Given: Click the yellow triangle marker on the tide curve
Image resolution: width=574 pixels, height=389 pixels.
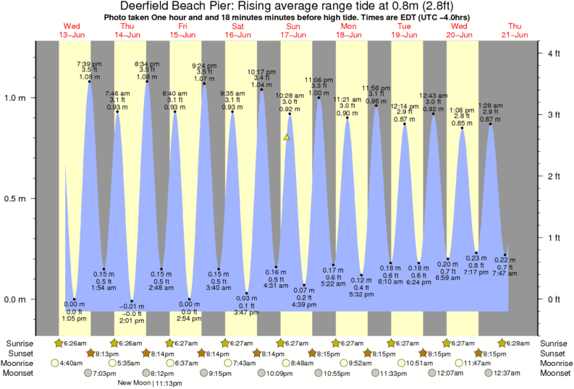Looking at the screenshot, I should pos(287,137).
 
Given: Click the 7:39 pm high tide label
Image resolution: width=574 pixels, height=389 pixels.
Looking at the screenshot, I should pos(89,64).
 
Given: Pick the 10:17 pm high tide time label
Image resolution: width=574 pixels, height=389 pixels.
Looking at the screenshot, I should pos(261,72).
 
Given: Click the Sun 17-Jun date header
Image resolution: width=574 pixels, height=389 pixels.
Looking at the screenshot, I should pos(294,30).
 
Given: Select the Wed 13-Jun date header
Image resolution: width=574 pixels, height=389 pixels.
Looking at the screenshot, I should pos(72,30).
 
